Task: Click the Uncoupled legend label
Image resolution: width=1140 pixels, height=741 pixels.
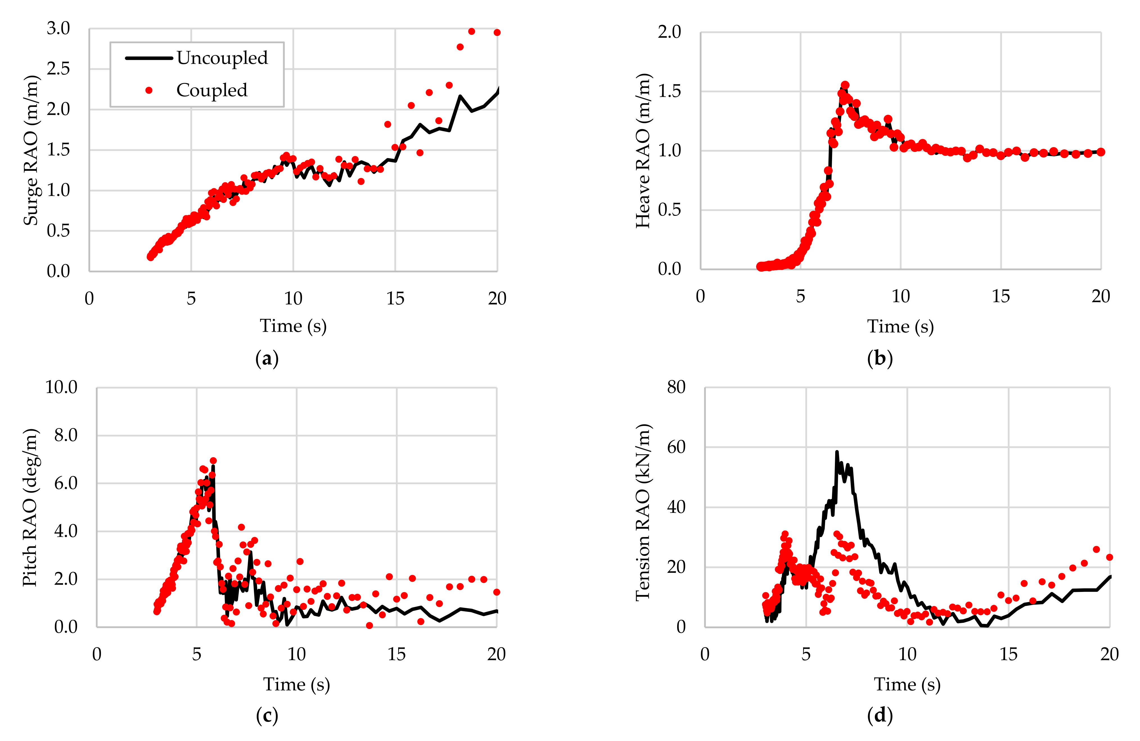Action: click(x=222, y=58)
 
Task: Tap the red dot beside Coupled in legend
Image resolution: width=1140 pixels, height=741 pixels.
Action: click(x=149, y=90)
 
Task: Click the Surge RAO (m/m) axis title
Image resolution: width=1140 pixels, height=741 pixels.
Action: click(x=31, y=150)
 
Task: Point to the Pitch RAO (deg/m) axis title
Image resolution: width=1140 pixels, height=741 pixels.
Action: click(x=30, y=507)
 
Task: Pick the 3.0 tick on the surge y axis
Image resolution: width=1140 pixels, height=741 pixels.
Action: click(x=58, y=29)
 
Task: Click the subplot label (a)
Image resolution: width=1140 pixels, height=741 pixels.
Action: click(x=267, y=358)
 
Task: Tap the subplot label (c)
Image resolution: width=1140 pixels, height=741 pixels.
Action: click(x=267, y=716)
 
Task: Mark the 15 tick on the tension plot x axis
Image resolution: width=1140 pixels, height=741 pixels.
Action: click(x=1008, y=654)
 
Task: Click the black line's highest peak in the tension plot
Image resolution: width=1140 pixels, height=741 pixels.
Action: click(x=837, y=452)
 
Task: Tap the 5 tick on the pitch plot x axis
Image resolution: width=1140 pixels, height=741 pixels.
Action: click(x=196, y=654)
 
